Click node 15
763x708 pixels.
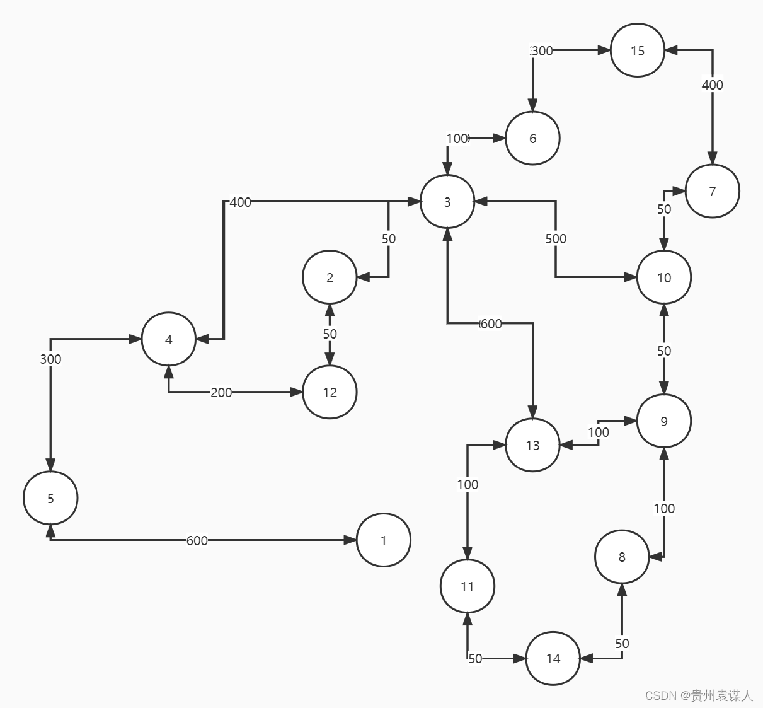(x=638, y=50)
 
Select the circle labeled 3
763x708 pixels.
(x=447, y=202)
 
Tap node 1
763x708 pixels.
(x=384, y=540)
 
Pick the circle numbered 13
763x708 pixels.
(x=532, y=445)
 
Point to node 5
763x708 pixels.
(x=50, y=498)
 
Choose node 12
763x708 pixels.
(x=330, y=392)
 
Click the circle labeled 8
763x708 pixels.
(x=622, y=557)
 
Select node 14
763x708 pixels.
(x=553, y=658)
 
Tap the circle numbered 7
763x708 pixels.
(x=712, y=191)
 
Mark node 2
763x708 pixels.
(x=330, y=277)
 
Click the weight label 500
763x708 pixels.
(x=556, y=238)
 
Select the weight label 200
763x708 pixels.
(x=221, y=392)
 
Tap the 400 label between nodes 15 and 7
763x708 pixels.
(x=713, y=84)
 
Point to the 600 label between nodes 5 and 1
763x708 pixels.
(x=197, y=540)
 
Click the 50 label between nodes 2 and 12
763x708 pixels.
(x=330, y=334)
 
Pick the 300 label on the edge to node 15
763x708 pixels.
(x=542, y=50)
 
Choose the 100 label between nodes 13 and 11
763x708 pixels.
(x=468, y=484)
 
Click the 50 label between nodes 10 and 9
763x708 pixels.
(x=664, y=351)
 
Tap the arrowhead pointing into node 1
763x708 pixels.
(x=350, y=540)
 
